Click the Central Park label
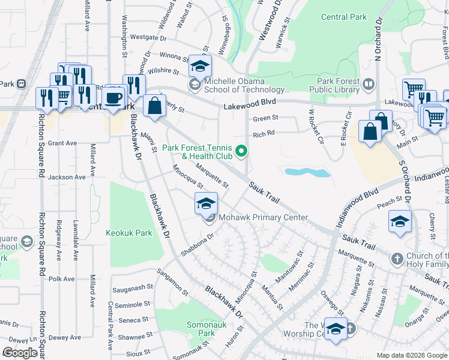click(343, 17)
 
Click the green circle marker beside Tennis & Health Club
click(242, 151)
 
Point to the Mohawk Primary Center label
click(263, 218)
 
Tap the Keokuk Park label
click(129, 233)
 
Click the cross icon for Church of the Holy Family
click(396, 259)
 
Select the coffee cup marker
click(113, 97)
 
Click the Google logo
click(20, 353)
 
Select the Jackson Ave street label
click(67, 177)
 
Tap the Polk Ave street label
click(61, 279)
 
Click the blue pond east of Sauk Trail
click(307, 173)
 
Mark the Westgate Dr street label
click(148, 37)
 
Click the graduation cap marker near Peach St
click(400, 222)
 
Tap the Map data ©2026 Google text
click(411, 355)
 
